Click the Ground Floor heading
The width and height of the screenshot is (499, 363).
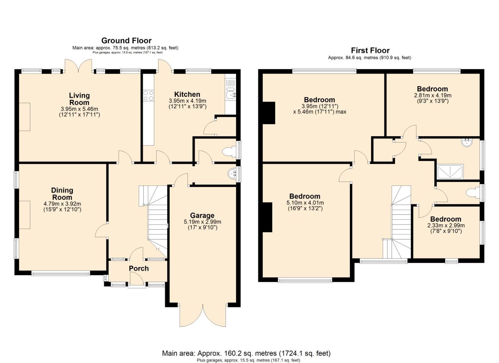coord(126,41)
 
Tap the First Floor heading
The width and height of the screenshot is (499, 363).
coord(370,50)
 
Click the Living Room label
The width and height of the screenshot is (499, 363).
coord(79,99)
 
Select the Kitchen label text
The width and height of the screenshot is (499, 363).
coord(187,94)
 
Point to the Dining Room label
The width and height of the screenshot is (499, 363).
coord(62,194)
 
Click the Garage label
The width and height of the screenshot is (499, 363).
coord(202,215)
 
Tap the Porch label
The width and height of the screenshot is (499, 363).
coord(139,268)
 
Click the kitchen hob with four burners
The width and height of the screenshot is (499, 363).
coord(149,95)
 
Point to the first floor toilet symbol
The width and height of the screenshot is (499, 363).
coord(472,193)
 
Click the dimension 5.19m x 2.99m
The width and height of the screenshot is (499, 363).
coord(202,222)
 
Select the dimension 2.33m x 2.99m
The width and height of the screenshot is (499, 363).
coord(446,226)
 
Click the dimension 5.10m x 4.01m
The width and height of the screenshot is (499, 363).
coord(305,203)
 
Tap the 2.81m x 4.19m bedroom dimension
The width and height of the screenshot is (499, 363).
coord(432,95)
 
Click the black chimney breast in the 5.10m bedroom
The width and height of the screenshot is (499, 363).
coord(267,217)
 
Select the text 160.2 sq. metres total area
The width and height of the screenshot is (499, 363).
coord(237,353)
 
